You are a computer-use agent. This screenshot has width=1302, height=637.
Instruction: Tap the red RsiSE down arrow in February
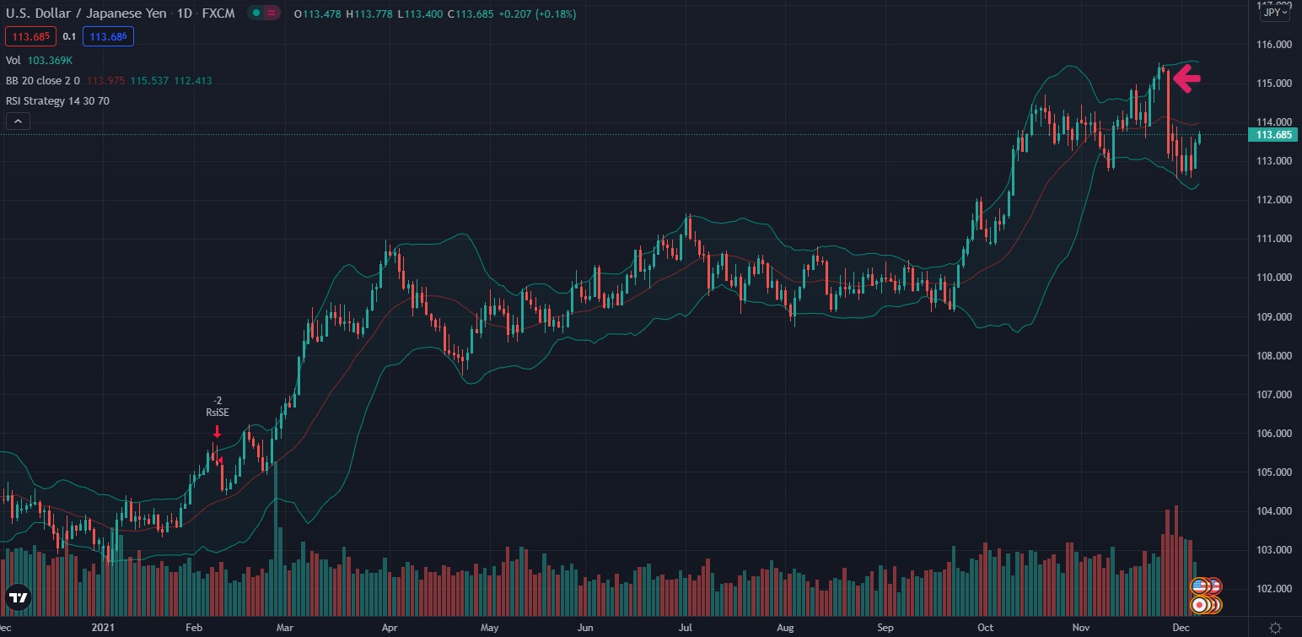[x=217, y=432]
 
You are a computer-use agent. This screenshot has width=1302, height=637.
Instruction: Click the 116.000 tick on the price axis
[x=1274, y=45]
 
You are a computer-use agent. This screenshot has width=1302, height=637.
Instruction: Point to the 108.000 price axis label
[x=1274, y=356]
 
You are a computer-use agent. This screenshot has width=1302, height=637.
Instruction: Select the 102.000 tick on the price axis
[x=1274, y=589]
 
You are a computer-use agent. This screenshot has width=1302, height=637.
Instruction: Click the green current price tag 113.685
[x=1273, y=135]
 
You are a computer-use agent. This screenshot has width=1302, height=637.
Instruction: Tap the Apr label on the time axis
[x=390, y=628]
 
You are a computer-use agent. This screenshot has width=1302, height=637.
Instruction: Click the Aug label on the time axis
[x=786, y=628]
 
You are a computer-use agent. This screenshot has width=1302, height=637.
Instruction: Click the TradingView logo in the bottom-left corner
[x=18, y=597]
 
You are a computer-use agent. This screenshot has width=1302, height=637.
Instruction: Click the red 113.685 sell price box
[x=30, y=36]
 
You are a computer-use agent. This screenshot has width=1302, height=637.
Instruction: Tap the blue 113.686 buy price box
[x=108, y=36]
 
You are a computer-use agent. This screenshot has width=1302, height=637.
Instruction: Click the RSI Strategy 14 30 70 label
[x=57, y=101]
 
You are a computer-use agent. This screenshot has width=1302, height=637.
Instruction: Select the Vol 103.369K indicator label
[x=39, y=61]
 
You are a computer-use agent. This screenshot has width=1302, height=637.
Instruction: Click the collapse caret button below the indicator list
[x=18, y=121]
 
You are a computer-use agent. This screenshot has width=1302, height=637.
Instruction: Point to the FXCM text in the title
[x=218, y=13]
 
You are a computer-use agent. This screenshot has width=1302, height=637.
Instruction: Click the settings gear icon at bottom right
[x=1275, y=627]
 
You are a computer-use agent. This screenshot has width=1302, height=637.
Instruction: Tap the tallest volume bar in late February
[x=276, y=557]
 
